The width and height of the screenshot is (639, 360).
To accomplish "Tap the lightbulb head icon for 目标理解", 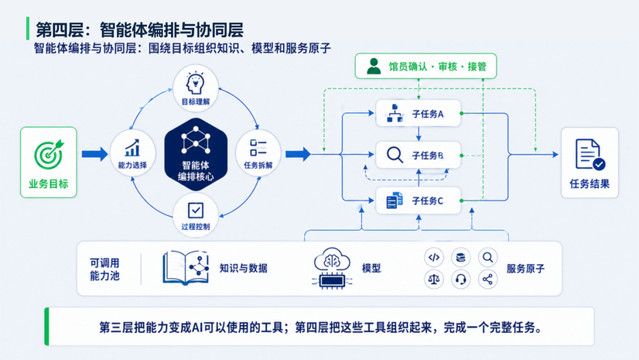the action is tap(195, 83).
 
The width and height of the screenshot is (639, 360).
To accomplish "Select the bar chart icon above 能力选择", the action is tap(133, 148).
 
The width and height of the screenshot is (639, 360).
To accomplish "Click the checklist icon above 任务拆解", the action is tap(258, 147).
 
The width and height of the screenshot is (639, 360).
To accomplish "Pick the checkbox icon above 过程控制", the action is tap(196, 210).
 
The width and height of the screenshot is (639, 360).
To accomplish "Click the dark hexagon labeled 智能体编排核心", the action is tap(196, 155).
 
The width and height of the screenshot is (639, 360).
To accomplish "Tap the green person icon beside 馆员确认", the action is tap(374, 66).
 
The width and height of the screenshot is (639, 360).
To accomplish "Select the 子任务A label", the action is tap(428, 114).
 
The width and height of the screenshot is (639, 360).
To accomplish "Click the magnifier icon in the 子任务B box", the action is tap(395, 155).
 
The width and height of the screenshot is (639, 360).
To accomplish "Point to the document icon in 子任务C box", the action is tap(395, 201).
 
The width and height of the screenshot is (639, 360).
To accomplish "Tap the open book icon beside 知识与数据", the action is tap(186, 268).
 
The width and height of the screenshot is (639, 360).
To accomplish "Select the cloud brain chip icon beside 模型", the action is tap(332, 268).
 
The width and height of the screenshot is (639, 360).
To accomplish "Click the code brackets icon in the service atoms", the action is tap(434, 257).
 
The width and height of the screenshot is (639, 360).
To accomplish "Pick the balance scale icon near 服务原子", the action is tap(434, 279).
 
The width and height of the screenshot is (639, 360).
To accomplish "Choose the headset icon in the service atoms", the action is tap(460, 279).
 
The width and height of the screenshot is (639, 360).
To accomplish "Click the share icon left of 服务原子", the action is tap(488, 279).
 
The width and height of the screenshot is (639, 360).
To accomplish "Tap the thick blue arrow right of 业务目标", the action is tap(95, 154).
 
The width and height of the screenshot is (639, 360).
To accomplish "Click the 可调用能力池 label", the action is tap(104, 269).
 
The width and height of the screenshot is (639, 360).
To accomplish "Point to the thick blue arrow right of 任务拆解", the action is tap(298, 154).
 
